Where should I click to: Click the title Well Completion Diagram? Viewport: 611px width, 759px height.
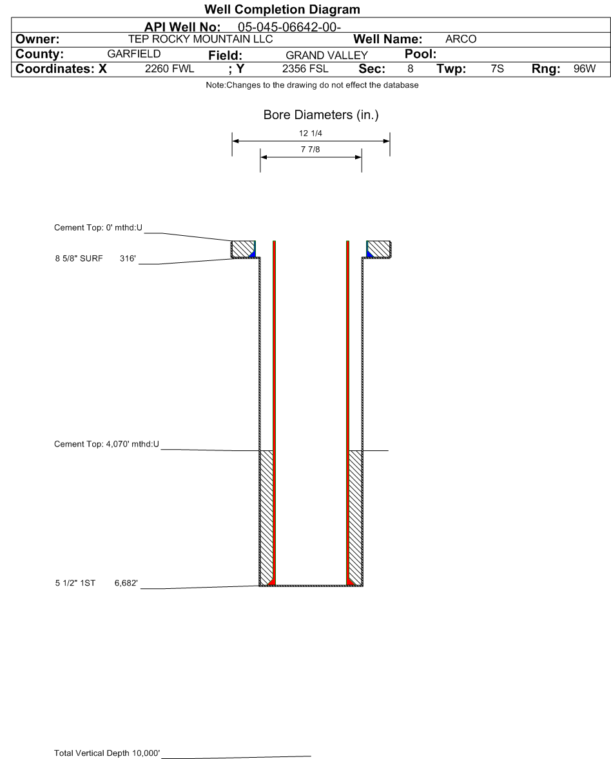click(x=282, y=10)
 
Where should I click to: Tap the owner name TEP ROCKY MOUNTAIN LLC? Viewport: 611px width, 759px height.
click(x=200, y=39)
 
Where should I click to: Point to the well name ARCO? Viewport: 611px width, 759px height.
click(x=461, y=39)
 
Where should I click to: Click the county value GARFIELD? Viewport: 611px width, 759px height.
click(x=133, y=54)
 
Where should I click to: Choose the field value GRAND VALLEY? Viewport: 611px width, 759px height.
click(x=326, y=55)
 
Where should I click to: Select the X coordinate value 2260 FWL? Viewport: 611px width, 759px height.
click(x=170, y=69)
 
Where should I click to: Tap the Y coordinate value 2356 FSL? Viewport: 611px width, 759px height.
click(x=305, y=69)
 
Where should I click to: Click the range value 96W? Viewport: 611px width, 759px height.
click(x=585, y=69)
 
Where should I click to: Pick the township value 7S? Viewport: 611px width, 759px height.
click(x=497, y=69)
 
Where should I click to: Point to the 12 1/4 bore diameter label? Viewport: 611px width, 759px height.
click(x=311, y=134)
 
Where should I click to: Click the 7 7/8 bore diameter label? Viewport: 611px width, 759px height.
click(x=311, y=150)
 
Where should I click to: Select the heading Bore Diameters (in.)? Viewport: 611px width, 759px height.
click(x=321, y=115)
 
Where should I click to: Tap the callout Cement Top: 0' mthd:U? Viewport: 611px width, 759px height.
click(x=98, y=228)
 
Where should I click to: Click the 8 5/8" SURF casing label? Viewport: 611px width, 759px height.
click(x=79, y=259)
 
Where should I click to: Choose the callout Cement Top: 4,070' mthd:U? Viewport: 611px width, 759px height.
click(x=106, y=444)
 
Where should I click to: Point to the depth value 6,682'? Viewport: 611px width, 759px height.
click(x=126, y=583)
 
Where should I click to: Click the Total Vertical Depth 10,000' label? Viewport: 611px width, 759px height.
click(x=107, y=753)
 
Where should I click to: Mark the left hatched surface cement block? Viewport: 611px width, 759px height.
click(x=242, y=248)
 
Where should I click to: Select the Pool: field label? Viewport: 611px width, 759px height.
click(x=420, y=54)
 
